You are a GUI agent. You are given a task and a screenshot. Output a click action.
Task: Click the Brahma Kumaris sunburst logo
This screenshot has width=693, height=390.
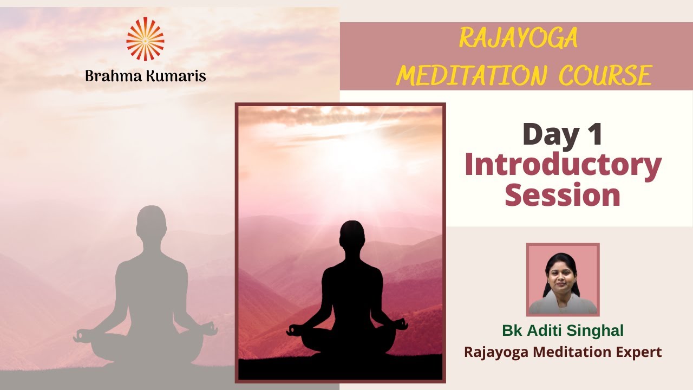tap(145, 39)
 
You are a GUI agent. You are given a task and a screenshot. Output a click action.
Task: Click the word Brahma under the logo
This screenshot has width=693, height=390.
tap(113, 76)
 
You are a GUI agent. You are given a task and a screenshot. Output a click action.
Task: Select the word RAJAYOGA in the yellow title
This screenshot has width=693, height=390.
tap(518, 38)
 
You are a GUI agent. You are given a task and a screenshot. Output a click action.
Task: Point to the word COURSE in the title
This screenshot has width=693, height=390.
tap(605, 76)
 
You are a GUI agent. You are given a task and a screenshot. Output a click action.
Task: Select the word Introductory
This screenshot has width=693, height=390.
tap(563, 166)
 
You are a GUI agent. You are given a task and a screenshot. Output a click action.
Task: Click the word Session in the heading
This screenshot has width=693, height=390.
tap(563, 195)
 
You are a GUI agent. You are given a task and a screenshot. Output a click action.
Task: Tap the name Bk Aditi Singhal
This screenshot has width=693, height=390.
tap(563, 330)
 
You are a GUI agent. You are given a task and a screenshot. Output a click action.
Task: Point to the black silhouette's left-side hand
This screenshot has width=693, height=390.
tap(293, 329)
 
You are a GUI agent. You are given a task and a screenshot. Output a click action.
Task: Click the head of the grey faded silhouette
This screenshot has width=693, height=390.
tap(151, 222)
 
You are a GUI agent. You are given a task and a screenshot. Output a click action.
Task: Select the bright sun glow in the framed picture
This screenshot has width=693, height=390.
tap(357, 146)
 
